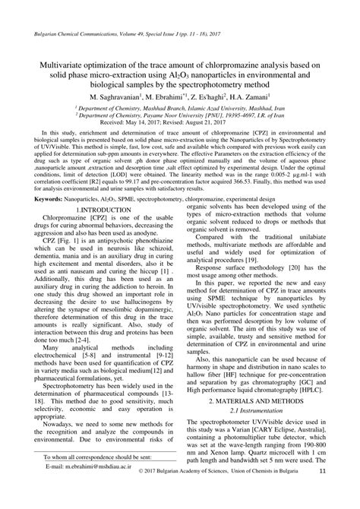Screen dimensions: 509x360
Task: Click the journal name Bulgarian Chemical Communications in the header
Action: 72,34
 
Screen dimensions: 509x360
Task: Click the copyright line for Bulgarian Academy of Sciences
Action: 217,493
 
